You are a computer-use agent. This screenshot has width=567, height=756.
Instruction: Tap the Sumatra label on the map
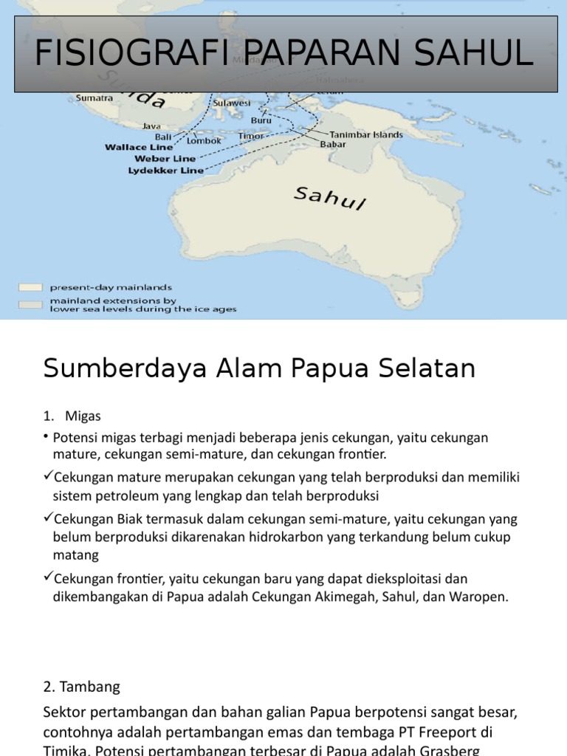(94, 97)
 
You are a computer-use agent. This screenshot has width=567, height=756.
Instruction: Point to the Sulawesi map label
(232, 103)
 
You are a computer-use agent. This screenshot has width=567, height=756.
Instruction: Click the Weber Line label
(165, 158)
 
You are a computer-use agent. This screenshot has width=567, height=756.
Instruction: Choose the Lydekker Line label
(165, 170)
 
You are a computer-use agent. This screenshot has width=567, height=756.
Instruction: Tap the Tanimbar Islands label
(366, 135)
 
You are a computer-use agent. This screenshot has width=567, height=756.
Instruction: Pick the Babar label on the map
(332, 145)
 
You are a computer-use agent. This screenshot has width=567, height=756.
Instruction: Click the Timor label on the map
(252, 137)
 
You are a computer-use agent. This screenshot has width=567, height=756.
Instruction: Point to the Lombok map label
(204, 140)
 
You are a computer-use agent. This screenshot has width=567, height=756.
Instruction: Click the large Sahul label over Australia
(330, 198)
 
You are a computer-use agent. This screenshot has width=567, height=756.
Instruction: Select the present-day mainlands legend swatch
(30, 286)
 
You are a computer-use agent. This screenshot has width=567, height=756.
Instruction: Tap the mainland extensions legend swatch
(30, 304)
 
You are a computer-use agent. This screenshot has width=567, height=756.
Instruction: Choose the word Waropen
(479, 597)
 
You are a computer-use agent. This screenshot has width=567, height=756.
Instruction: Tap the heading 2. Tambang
(81, 687)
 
